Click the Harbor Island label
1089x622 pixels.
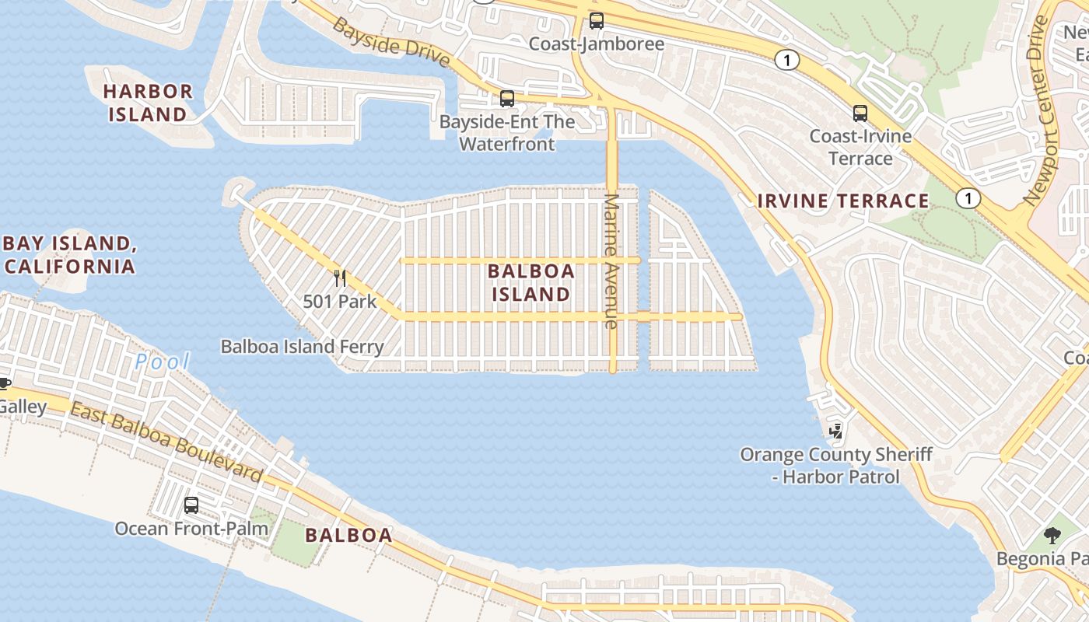148,103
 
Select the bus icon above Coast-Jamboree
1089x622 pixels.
596,21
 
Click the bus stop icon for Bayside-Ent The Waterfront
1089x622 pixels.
507,99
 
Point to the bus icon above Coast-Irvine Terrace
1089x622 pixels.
860,114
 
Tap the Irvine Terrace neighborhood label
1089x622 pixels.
843,201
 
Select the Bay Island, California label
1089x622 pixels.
70,254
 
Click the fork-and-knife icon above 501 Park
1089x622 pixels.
340,278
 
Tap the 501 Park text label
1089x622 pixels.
340,302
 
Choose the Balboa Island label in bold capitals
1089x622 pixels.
531,282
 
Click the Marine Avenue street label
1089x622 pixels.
611,260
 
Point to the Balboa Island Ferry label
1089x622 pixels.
303,347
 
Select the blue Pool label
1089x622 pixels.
163,362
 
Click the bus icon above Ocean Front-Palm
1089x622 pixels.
191,505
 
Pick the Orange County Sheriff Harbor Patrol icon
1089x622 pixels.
836,430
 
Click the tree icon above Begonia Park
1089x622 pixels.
1052,535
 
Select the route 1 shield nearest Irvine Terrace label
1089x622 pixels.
968,198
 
